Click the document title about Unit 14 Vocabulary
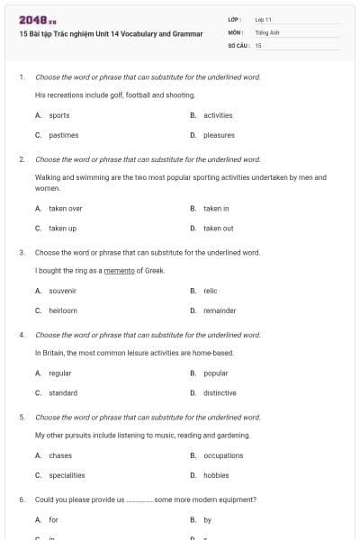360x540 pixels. (x=110, y=33)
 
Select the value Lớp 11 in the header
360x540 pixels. (x=264, y=19)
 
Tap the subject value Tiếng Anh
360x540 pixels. (x=267, y=31)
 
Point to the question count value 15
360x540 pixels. (x=258, y=44)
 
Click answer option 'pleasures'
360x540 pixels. (x=219, y=135)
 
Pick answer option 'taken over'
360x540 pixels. (x=65, y=208)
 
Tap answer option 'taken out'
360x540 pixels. (x=218, y=228)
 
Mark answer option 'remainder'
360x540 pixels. (x=220, y=310)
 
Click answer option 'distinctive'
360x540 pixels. (x=220, y=392)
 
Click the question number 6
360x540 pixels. (x=21, y=499)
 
